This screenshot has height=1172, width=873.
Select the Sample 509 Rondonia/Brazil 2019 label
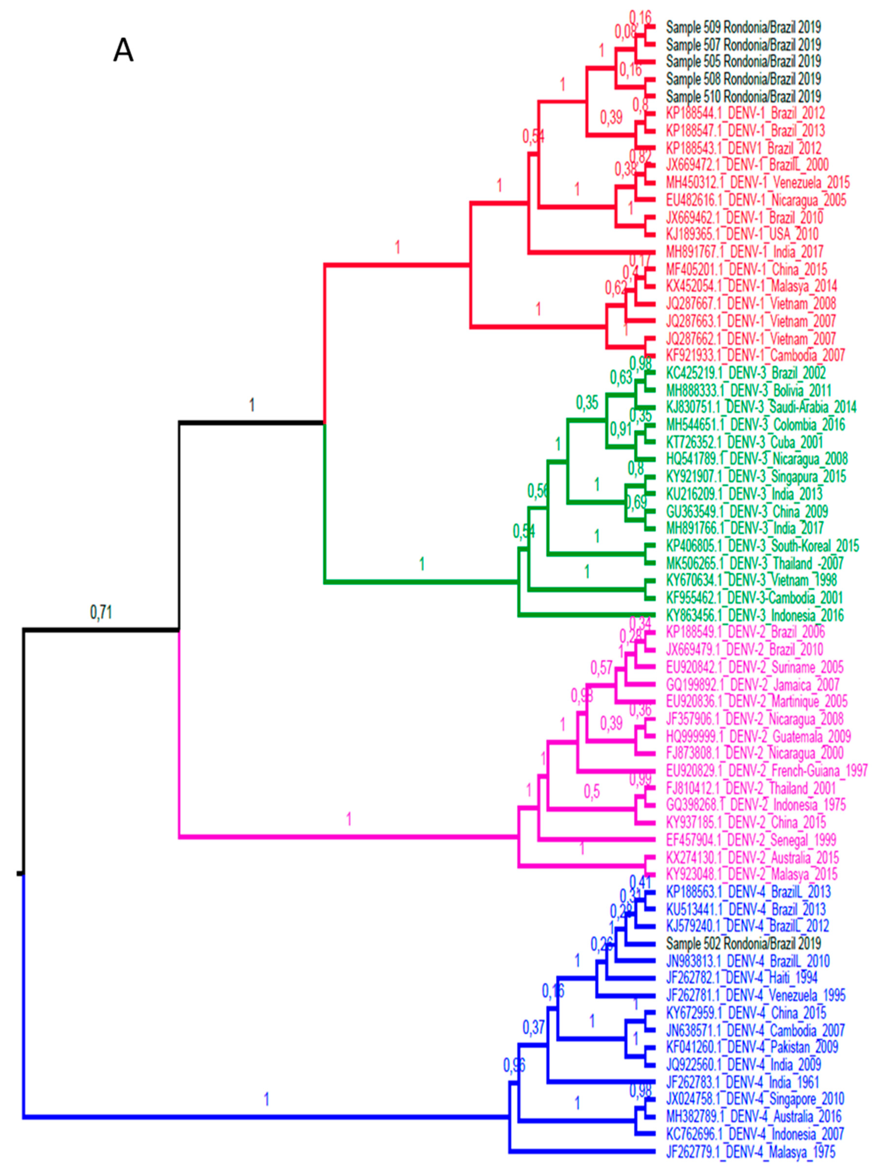tap(743, 27)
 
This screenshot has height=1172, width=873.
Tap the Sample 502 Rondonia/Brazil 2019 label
tap(743, 943)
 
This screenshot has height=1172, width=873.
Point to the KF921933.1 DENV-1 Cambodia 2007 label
tap(755, 355)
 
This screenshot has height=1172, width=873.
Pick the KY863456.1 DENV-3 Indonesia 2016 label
tap(755, 615)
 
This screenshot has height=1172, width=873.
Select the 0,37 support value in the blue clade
tap(533, 1028)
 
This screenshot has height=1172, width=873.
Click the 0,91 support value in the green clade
tap(621, 429)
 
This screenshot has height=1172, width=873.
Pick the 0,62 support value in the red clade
tap(616, 288)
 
